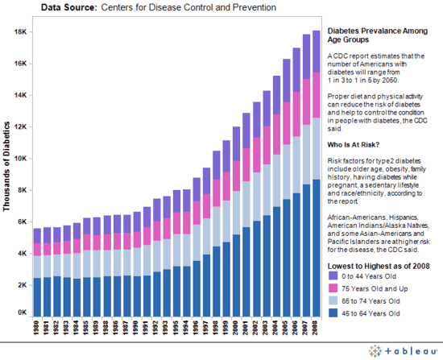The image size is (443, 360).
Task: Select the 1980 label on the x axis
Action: click(x=37, y=327)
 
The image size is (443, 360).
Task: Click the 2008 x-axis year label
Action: click(x=316, y=327)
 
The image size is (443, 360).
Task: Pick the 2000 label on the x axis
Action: click(x=236, y=327)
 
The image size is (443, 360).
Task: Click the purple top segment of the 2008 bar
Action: click(x=316, y=51)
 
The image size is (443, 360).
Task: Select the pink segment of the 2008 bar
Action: click(x=316, y=94)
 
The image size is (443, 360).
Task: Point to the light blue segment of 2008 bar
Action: click(x=316, y=148)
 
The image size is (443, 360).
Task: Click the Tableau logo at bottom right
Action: click(x=402, y=351)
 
